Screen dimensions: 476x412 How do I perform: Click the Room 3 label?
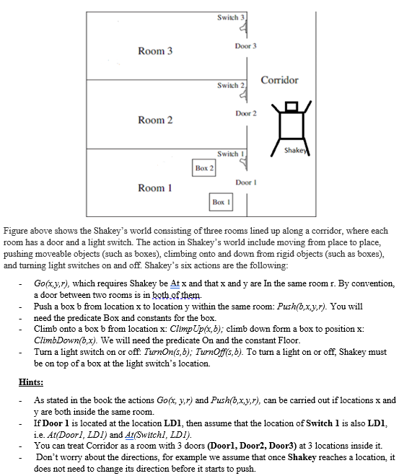(156, 51)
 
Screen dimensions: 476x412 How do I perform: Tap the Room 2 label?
(156, 120)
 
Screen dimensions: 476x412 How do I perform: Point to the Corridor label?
(279, 80)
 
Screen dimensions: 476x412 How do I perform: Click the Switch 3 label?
(232, 17)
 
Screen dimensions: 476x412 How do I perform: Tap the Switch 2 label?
(232, 86)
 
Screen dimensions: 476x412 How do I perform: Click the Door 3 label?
(246, 45)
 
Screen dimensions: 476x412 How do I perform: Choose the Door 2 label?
(246, 114)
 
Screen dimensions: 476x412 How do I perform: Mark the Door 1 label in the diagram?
(246, 182)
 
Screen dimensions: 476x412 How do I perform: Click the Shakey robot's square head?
(292, 107)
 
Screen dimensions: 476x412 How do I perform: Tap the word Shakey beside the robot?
(297, 149)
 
